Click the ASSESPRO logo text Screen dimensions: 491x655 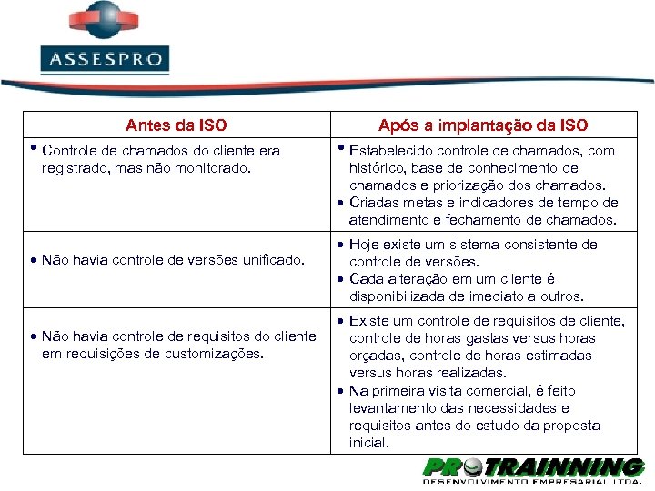pos(106,61)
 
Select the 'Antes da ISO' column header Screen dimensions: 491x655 pos(176,125)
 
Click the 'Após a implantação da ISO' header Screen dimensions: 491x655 pos(483,125)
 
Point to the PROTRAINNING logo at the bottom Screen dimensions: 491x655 pos(533,469)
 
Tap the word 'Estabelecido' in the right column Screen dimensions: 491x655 pos(389,151)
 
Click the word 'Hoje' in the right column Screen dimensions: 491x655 pos(365,245)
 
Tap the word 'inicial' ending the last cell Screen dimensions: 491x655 pos(368,443)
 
